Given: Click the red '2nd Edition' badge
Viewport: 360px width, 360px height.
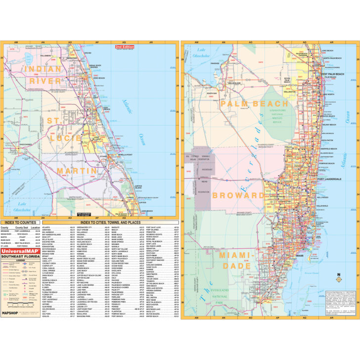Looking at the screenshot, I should [124, 47].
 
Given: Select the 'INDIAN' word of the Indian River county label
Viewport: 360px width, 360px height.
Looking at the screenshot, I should [32, 69].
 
